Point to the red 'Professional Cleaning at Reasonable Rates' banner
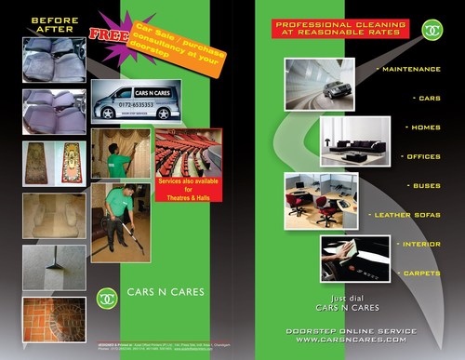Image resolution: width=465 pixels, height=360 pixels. coord(340,28)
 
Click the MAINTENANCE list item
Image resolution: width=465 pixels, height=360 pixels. coord(411,69)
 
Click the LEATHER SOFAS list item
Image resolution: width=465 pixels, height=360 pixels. coord(406,215)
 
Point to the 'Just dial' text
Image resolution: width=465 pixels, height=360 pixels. coord(347,298)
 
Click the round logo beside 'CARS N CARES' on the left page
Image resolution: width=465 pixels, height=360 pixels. coord(108,299)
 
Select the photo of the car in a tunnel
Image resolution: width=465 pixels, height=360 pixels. coord(319,85)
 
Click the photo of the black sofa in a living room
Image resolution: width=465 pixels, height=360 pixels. coord(354,142)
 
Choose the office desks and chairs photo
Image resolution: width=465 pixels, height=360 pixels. coord(315,197)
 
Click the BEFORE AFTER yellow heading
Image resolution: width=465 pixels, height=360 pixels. coord(53,25)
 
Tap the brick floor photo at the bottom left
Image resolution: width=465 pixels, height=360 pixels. coord(54,320)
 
